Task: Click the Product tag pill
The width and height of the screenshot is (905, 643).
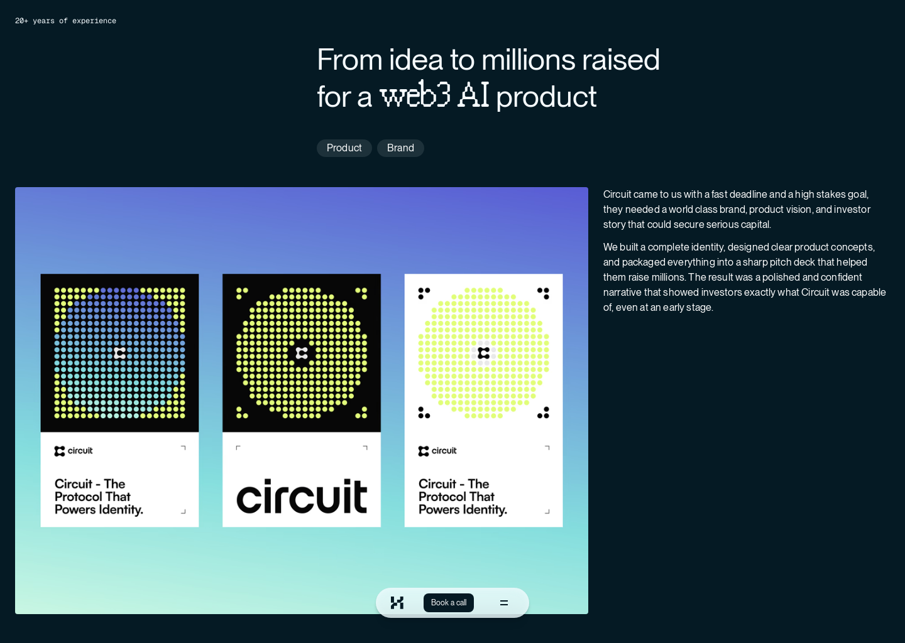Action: point(344,148)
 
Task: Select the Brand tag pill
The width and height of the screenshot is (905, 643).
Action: point(400,148)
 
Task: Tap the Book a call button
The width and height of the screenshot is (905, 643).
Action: point(449,603)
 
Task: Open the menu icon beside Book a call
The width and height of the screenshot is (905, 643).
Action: point(504,603)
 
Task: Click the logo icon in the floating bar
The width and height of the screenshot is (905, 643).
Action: point(397,603)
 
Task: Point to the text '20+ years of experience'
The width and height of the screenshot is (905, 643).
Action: point(65,21)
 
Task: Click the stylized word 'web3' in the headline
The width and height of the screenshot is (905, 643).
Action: point(415,95)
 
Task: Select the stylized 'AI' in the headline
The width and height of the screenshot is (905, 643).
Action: point(473,95)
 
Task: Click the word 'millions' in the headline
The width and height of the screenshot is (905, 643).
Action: point(528,60)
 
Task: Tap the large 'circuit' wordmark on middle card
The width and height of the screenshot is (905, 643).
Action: point(302,497)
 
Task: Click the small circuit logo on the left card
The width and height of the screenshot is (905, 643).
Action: point(74,451)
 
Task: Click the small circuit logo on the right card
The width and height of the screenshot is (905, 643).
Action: point(437,451)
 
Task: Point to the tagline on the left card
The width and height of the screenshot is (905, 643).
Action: point(99,497)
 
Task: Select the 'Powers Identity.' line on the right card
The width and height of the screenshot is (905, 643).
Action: point(463,510)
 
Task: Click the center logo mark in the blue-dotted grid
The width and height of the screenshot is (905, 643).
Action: point(120,353)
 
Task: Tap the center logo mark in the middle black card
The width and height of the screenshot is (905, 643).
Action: point(302,353)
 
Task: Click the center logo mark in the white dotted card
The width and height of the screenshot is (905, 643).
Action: point(483,353)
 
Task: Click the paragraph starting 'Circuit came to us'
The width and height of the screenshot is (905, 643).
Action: point(736,209)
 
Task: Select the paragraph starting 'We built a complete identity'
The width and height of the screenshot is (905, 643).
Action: point(744,277)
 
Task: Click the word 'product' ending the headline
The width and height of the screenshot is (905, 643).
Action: point(546,97)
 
